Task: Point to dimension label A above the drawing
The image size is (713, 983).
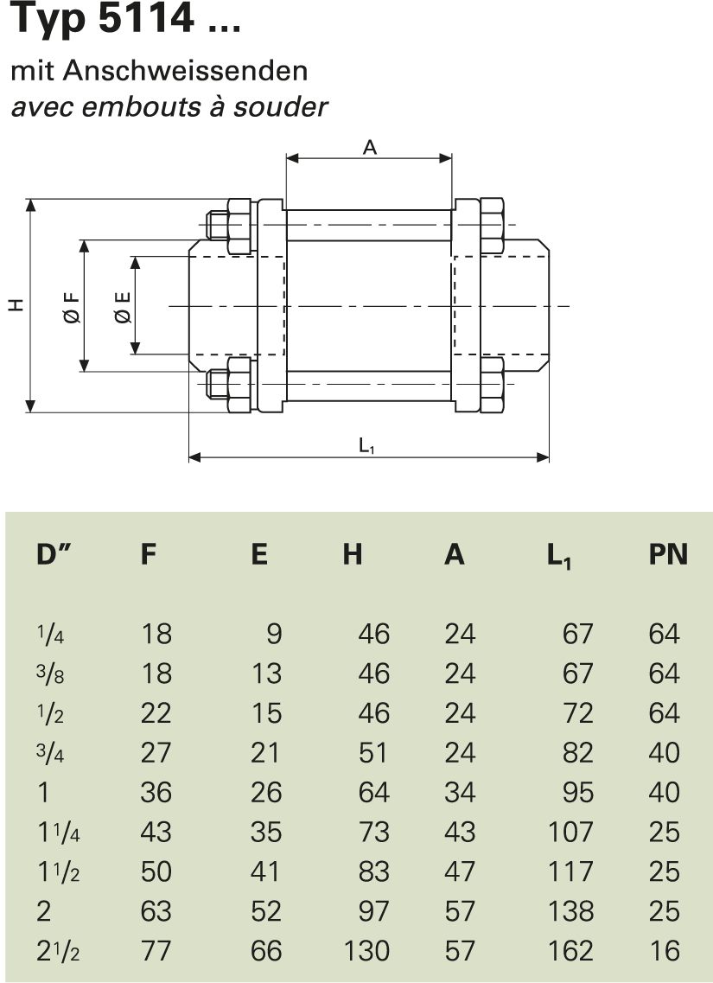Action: tap(369, 148)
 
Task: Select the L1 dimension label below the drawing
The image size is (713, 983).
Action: tap(367, 445)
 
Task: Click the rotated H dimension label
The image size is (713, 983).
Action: tap(16, 305)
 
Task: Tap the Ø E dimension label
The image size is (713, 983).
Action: tap(123, 306)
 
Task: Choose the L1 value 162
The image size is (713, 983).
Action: tap(570, 951)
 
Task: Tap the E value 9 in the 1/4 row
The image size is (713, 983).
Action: tap(274, 635)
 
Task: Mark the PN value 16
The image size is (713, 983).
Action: tap(664, 951)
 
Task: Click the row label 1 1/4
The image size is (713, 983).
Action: tap(59, 833)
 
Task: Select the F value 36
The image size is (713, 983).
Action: tap(156, 793)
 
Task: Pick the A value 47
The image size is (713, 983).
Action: tap(460, 871)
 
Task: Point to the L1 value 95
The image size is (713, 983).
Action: tap(577, 793)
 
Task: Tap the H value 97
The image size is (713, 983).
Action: tap(373, 911)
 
